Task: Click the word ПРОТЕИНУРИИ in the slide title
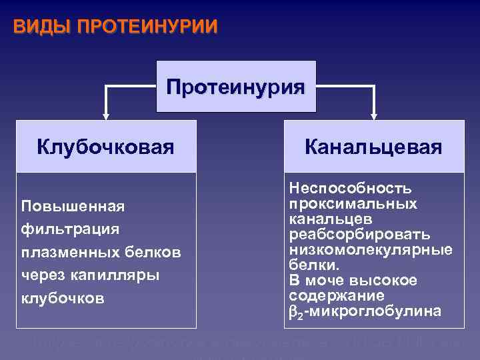[x=147, y=27]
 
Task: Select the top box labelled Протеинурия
[x=236, y=87]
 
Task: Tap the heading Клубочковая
[x=106, y=147]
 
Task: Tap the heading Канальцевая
[x=373, y=147]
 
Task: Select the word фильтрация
[x=70, y=229]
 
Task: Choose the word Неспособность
[x=350, y=189]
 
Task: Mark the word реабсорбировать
[x=359, y=235]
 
